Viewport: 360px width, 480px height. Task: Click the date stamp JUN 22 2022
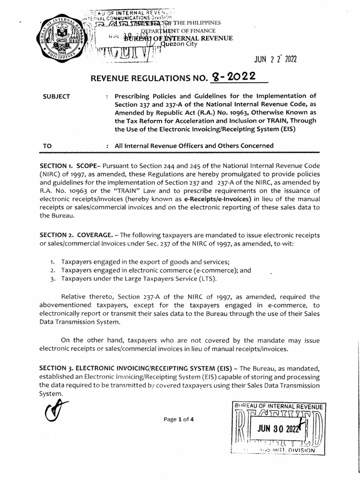coord(275,60)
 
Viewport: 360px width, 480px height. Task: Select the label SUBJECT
coord(56,97)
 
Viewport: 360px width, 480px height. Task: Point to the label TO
coord(47,146)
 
